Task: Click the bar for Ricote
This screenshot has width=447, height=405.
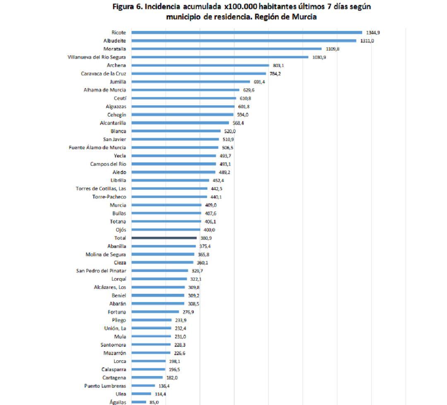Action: click(x=247, y=32)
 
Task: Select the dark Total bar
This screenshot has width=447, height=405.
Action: click(x=164, y=238)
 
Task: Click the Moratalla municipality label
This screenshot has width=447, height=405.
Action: click(x=115, y=49)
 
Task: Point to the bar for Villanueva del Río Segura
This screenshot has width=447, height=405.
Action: click(x=220, y=57)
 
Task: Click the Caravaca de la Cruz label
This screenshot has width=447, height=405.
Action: click(x=103, y=74)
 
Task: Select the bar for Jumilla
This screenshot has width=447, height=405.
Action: click(x=191, y=82)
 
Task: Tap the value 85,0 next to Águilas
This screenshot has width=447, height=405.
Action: click(x=154, y=402)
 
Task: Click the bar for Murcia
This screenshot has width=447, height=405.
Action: click(x=166, y=205)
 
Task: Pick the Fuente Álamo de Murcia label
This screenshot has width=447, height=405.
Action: click(x=97, y=148)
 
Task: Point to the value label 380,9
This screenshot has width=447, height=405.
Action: click(x=206, y=238)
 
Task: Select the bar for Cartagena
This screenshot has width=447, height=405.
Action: click(x=147, y=378)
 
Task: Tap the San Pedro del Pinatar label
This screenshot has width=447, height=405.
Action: click(x=101, y=271)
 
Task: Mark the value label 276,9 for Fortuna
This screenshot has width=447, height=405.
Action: click(x=188, y=312)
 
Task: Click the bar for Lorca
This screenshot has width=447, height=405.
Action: click(x=149, y=361)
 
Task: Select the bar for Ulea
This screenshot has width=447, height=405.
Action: click(x=141, y=394)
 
